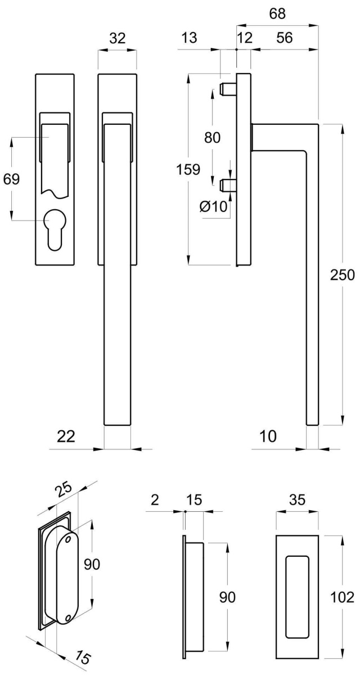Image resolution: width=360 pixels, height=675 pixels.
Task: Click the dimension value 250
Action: coord(342,275)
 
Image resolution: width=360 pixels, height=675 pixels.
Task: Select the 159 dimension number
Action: coord(188,169)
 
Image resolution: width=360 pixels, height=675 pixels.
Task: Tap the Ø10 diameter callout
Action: coord(214,206)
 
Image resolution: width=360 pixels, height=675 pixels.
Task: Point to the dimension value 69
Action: coord(11,179)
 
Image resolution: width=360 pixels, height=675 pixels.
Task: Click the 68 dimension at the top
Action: coord(277,13)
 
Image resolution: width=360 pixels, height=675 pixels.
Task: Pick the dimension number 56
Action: coord(285,38)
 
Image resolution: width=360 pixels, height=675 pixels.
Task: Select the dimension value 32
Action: coord(117,38)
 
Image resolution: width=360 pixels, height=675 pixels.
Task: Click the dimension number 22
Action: coord(66,436)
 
